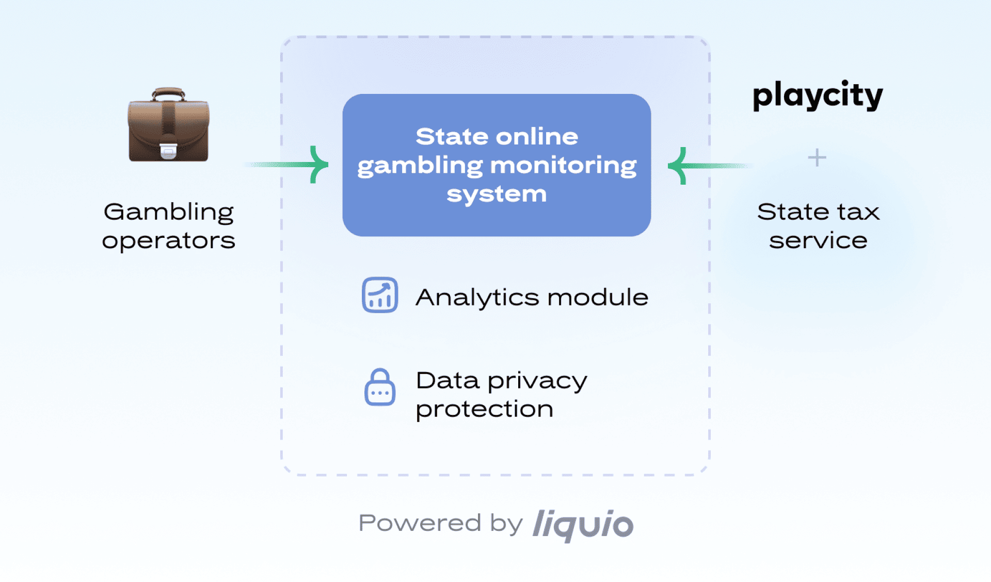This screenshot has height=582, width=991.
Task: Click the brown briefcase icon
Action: pos(168,126)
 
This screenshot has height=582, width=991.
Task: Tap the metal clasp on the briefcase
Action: pos(168,150)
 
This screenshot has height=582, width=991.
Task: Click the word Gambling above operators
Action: pos(168,212)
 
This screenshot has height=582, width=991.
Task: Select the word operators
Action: pos(168,240)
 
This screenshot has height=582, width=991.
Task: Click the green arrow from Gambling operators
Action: pos(289,165)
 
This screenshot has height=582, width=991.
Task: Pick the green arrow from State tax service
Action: pos(707,166)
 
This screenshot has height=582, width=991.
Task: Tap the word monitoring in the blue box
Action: pos(563,166)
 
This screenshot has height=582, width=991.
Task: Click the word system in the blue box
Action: pos(497,194)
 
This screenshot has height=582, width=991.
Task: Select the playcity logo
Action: pos(818,95)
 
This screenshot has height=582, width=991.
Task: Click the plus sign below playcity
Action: pos(817,157)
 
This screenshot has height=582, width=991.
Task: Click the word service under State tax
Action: pos(818,240)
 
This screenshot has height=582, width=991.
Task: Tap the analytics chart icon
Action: pos(380,295)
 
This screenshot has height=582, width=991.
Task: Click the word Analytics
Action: pos(477,297)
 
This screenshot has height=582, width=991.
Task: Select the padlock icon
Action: pos(380,387)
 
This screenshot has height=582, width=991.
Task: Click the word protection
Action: pos(485,409)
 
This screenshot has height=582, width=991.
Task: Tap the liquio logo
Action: pos(583,525)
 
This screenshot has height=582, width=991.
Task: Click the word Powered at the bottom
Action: pos(420,523)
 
